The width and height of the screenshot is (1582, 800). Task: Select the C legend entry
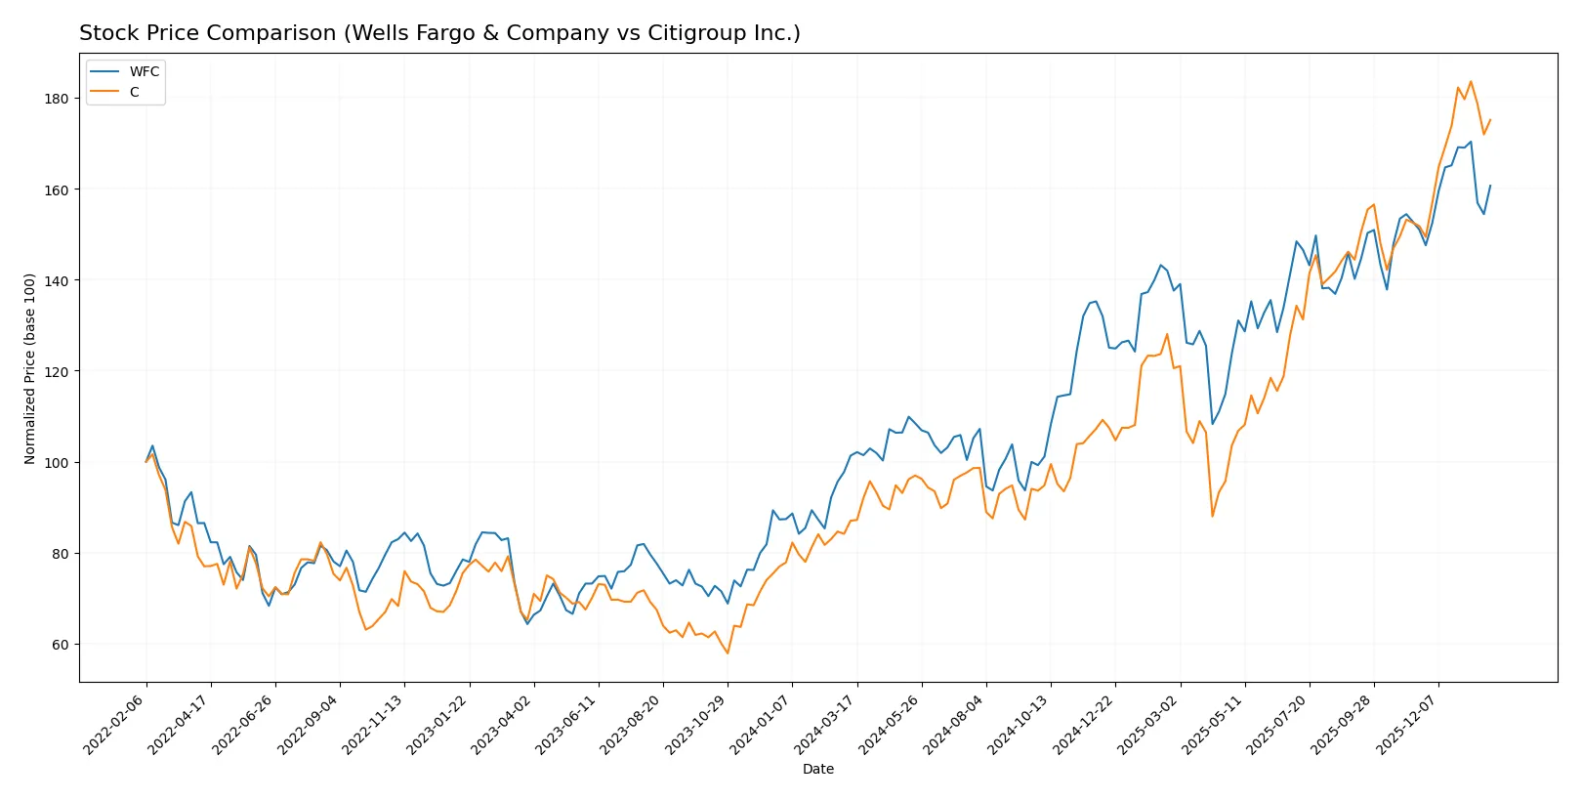[134, 92]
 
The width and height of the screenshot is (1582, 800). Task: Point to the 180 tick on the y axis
[57, 99]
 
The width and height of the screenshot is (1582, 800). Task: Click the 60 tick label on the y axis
[60, 645]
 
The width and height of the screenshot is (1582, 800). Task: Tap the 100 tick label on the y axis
[57, 463]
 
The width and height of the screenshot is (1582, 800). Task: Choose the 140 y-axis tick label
[57, 280]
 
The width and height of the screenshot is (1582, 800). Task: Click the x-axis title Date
[817, 770]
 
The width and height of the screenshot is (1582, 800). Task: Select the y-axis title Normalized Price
[30, 368]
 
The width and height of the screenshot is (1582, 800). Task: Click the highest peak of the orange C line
[1471, 82]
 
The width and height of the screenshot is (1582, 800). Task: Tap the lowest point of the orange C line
[728, 653]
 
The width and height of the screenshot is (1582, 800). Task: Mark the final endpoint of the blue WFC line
[1490, 186]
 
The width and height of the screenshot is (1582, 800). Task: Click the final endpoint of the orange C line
[1490, 120]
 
